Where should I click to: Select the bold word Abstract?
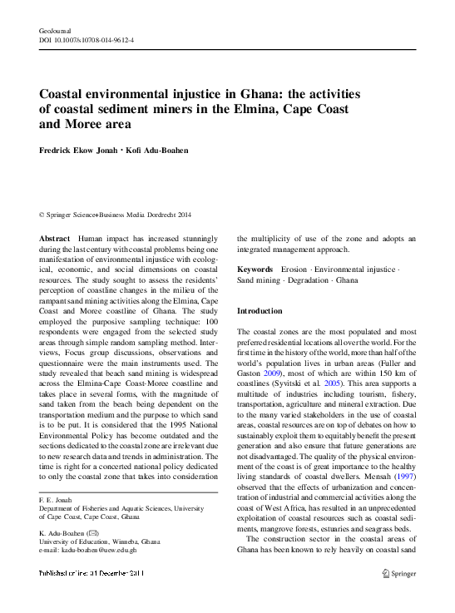pyautogui.click(x=54, y=238)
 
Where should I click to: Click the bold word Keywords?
pyautogui.click(x=255, y=270)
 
